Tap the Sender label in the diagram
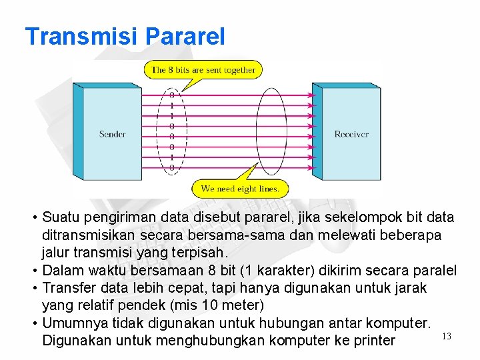[x=112, y=135]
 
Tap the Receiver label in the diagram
[x=351, y=135]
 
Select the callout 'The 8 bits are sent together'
[x=203, y=70]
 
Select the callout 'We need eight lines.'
[x=240, y=189]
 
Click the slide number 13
[x=447, y=337]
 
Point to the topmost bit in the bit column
[x=171, y=95]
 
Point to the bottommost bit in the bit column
[x=171, y=167]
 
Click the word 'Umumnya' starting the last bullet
[x=71, y=324]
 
